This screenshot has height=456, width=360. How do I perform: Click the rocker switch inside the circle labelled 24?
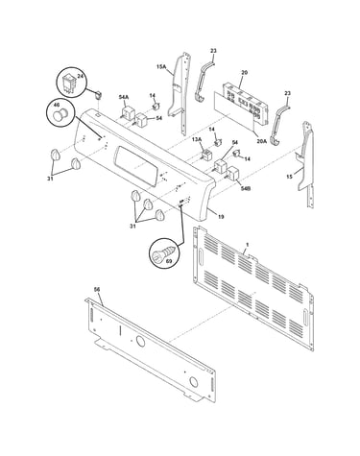pos(70,84)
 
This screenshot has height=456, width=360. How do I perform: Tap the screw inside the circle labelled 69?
pos(163,254)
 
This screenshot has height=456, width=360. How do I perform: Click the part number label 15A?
pos(161,66)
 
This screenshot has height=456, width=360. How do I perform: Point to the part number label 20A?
pos(262,140)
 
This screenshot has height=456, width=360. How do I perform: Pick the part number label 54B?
pos(246,188)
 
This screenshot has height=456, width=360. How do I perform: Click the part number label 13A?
pos(197,139)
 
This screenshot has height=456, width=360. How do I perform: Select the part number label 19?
pos(221,217)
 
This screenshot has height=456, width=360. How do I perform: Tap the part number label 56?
pos(97,289)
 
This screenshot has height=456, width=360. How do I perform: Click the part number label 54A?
pos(123,97)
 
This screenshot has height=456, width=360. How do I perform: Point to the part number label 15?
pos(290,176)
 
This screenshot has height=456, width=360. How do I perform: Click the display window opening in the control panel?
pos(137,165)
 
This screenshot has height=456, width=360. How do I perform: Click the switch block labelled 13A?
pos(206,155)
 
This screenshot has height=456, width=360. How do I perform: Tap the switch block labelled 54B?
pos(232,174)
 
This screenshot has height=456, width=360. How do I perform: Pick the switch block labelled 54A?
pos(127,111)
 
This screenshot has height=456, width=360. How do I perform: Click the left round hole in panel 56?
pos(140,341)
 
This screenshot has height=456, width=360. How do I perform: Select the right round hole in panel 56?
pos(193,381)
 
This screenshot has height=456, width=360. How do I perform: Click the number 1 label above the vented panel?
pos(247,245)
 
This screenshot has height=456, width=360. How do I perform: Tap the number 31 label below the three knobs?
pos(132,226)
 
